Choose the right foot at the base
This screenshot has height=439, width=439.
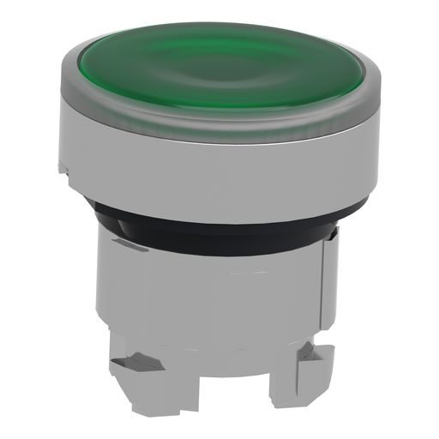coord(292,377)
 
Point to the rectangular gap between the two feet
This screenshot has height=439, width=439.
coord(219,390)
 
